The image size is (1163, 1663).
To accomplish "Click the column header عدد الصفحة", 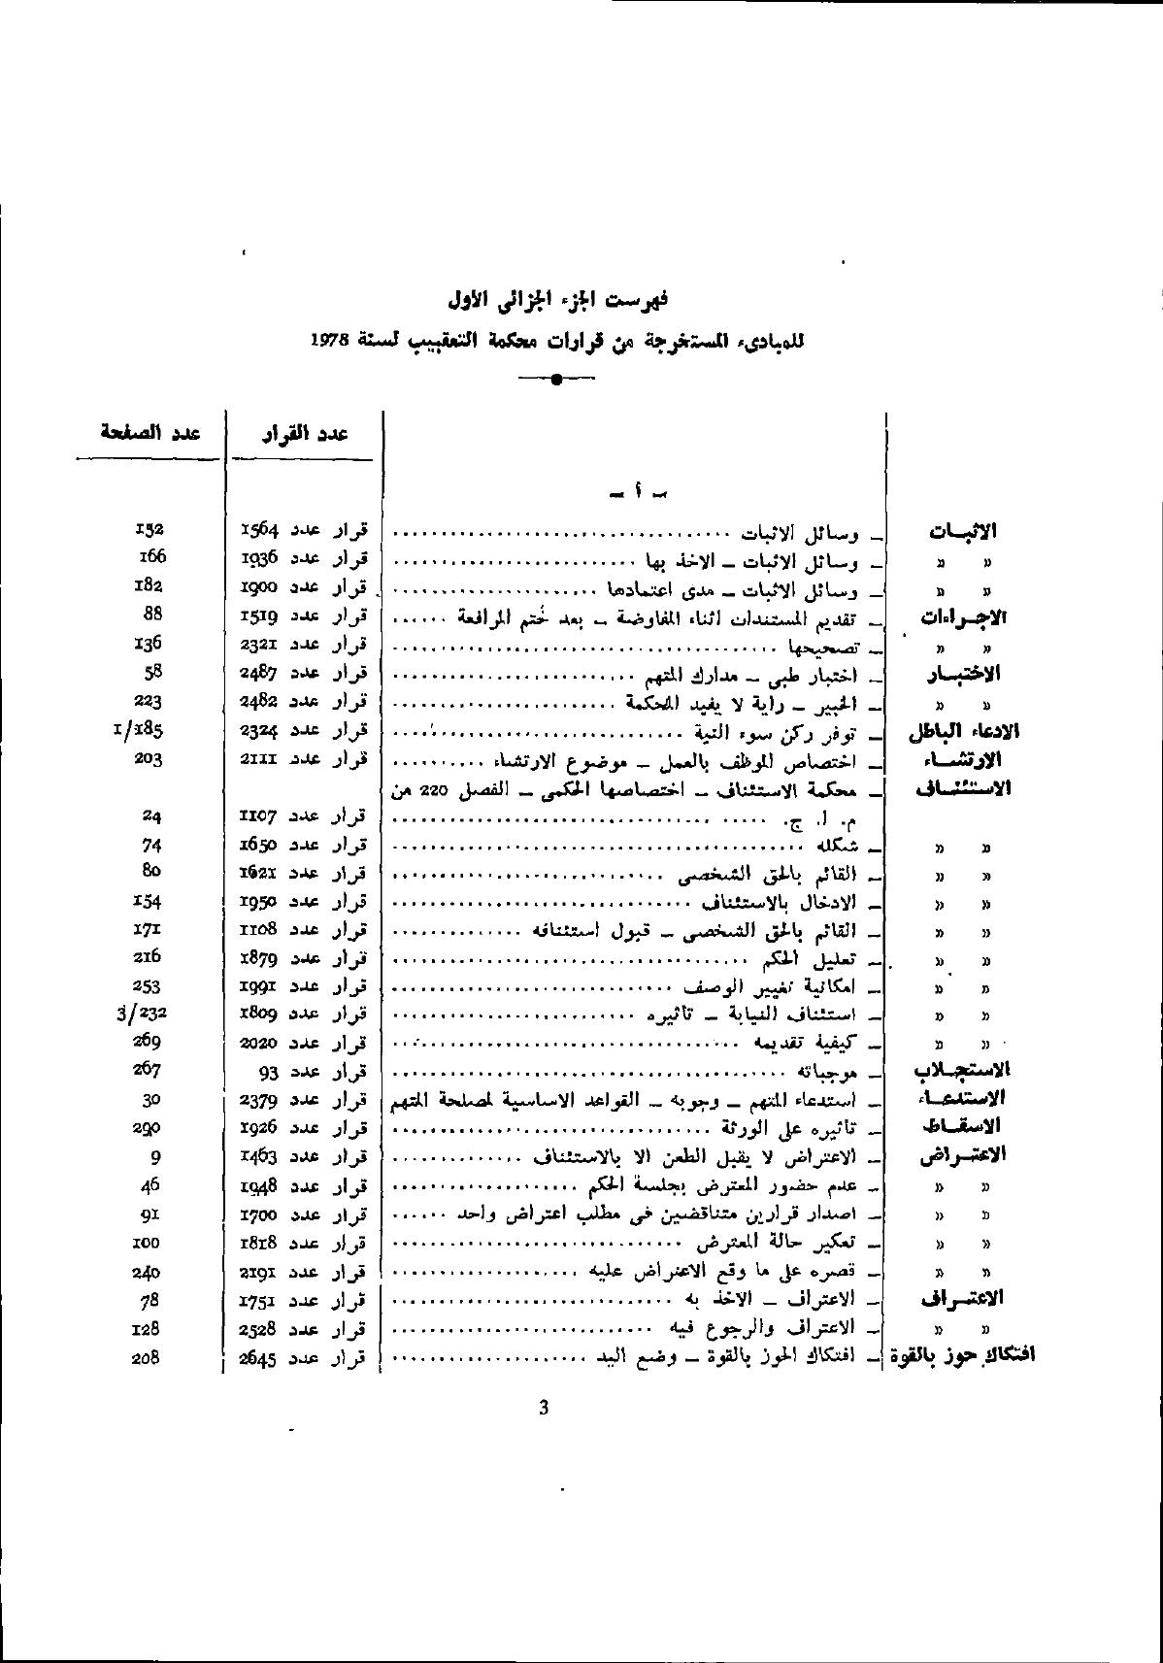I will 150,433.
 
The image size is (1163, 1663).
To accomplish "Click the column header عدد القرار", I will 304,434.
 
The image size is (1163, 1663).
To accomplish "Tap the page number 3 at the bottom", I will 543,1408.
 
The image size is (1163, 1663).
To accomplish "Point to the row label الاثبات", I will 962,532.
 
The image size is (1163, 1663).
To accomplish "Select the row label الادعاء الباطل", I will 963,731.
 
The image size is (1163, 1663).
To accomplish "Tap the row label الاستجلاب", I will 962,1070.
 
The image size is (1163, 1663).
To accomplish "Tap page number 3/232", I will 141,1014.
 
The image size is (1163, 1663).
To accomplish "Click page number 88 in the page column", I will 152,614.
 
